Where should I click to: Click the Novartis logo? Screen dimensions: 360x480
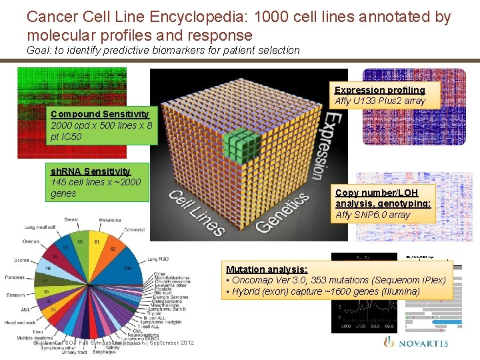point(416,343)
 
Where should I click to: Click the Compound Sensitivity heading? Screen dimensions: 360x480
point(100,114)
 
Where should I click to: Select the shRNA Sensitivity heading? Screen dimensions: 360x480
point(91,171)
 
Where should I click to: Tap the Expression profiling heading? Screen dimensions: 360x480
point(379,90)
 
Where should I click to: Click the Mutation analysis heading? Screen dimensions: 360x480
point(267,269)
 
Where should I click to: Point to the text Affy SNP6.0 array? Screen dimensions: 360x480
point(373,215)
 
